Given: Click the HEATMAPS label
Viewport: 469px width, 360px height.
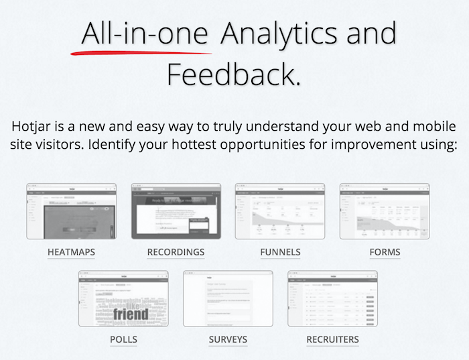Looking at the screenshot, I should [x=71, y=253].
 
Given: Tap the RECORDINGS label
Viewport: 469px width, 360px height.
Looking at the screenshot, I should [x=176, y=253].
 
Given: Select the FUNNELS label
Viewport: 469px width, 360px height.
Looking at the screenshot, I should [x=280, y=253].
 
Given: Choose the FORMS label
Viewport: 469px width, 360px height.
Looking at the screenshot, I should [x=385, y=253].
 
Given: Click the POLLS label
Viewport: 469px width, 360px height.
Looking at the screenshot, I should [x=123, y=339].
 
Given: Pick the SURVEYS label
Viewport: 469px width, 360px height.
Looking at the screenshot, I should [x=228, y=339].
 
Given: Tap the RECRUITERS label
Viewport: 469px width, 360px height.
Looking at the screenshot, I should [x=332, y=339].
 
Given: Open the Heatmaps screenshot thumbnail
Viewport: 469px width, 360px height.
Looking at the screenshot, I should [x=71, y=211].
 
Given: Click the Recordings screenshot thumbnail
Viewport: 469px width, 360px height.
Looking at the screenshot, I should [x=176, y=211].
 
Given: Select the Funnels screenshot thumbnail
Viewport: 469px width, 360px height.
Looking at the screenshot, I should [x=280, y=211].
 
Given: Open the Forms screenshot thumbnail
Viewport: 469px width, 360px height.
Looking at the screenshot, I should [x=385, y=211].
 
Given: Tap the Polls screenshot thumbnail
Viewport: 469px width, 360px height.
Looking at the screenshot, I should [x=123, y=298].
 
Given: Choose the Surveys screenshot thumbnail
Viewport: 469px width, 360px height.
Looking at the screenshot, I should [x=228, y=298].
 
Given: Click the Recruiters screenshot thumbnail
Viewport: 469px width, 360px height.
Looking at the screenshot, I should [x=332, y=298].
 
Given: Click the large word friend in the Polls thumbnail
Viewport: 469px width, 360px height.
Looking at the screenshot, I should [x=130, y=314].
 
